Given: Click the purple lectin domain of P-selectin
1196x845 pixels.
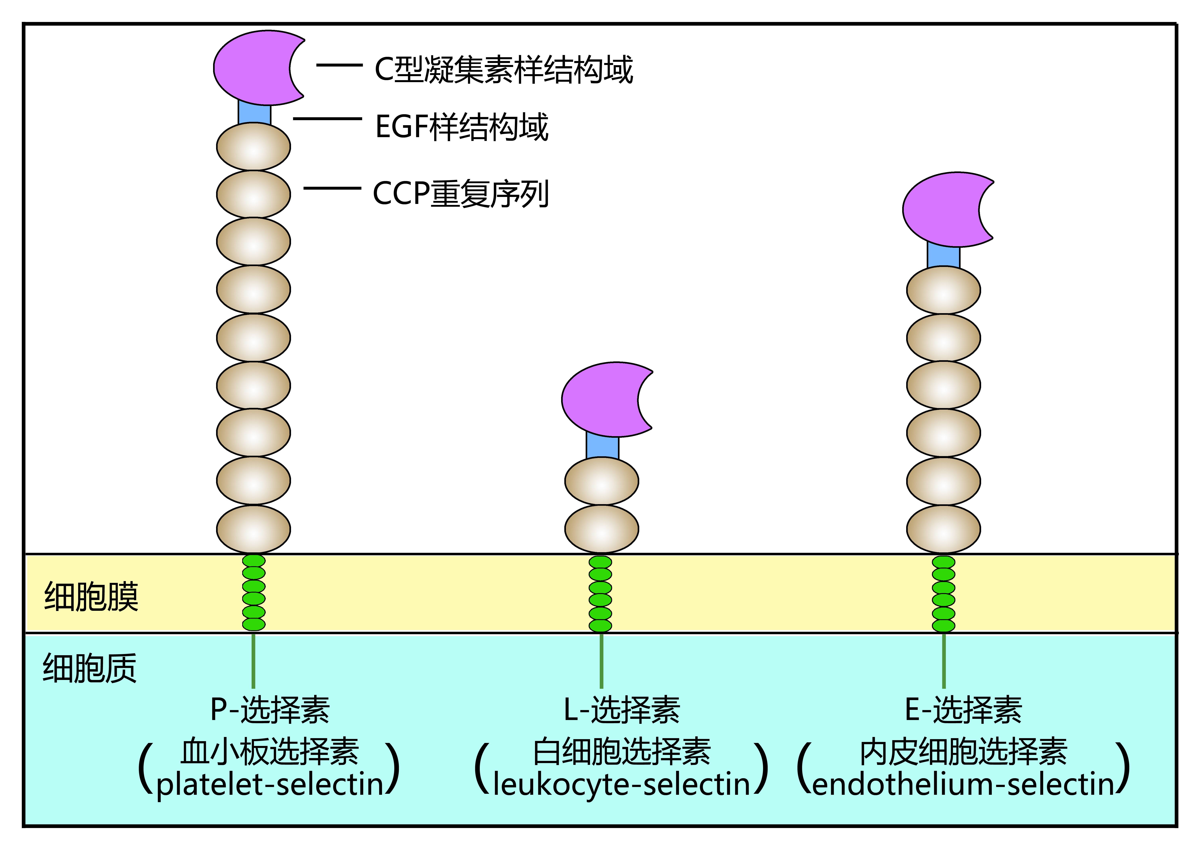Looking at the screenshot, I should point(250,68).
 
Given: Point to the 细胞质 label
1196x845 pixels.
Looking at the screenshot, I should point(90,668).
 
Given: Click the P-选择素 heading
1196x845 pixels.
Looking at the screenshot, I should point(270,710).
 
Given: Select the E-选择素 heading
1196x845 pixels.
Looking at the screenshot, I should point(963,710).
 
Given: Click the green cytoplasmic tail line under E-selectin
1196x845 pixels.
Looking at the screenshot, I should point(943,661).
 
